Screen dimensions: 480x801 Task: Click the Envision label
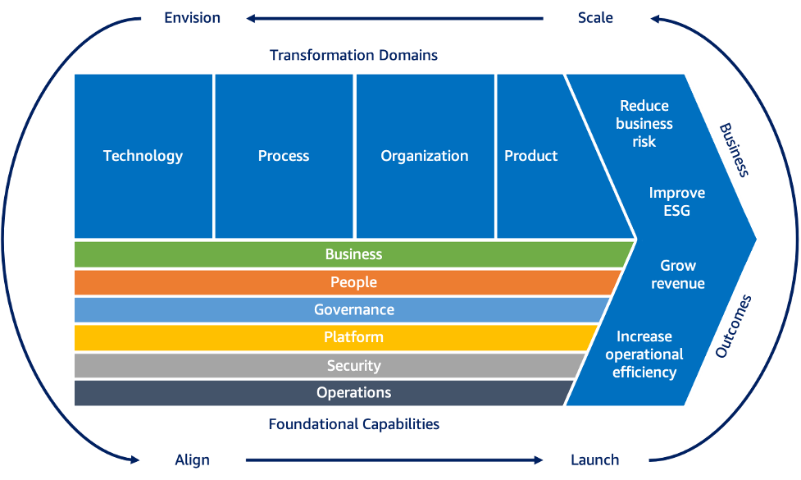point(192,17)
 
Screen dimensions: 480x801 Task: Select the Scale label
point(595,17)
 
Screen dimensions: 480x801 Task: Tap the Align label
point(193,459)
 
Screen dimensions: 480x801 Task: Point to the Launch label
point(594,459)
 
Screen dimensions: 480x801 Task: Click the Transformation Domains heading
point(353,56)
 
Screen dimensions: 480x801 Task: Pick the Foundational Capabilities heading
point(353,424)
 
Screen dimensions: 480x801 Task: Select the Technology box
point(143,156)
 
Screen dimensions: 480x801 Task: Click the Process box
point(284,156)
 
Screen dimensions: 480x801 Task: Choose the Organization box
point(425,156)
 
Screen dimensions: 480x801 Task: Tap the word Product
point(530,156)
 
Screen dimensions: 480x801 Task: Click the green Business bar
point(353,254)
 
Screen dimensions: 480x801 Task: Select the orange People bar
point(353,282)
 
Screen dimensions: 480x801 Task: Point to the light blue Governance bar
point(353,310)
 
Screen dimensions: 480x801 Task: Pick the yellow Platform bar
point(353,337)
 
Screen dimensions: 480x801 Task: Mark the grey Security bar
point(353,365)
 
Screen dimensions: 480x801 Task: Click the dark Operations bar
point(353,393)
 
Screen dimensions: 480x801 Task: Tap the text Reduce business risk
point(644,124)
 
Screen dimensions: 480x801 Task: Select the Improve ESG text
point(676,202)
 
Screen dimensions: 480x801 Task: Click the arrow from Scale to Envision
point(394,17)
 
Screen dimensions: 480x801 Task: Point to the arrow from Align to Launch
point(394,459)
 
